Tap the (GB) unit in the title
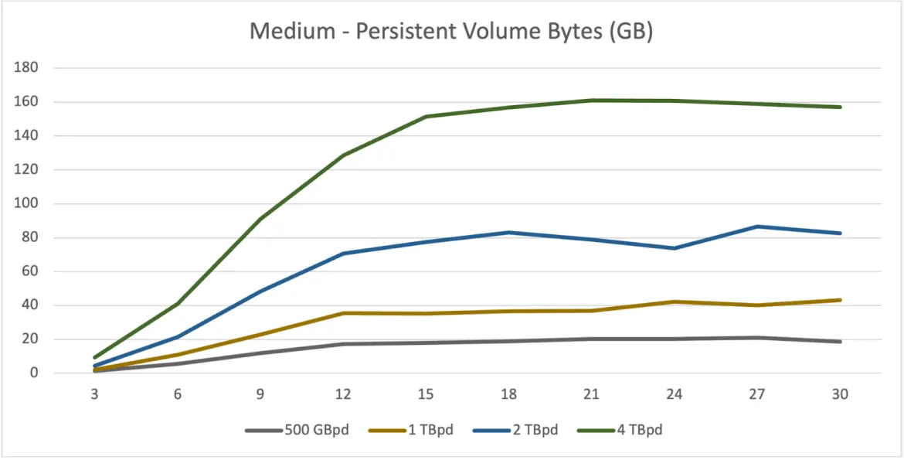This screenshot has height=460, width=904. tap(630, 32)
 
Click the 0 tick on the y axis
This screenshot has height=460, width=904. tap(35, 373)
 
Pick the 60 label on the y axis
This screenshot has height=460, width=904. tap(30, 271)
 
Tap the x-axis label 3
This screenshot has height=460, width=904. tap(95, 394)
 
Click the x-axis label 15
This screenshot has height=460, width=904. tap(426, 394)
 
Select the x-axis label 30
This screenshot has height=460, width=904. tap(840, 394)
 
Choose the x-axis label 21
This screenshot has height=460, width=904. tap(591, 394)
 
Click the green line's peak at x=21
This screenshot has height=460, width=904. tap(592, 101)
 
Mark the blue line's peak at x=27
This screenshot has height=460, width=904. tap(757, 227)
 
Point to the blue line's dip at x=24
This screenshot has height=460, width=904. tap(675, 248)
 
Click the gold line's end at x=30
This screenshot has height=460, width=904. tap(840, 300)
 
